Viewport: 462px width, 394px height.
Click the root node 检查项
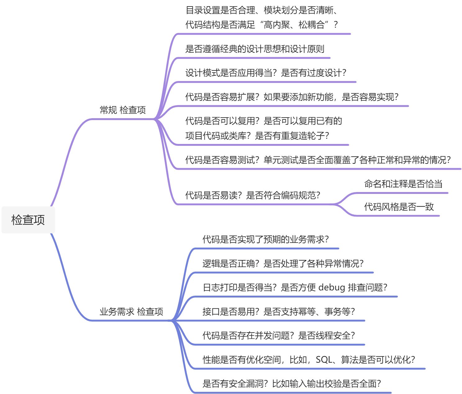[28, 220]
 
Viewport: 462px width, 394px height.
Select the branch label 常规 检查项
[123, 110]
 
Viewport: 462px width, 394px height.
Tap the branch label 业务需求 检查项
[131, 311]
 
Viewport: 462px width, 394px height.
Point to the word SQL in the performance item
[324, 360]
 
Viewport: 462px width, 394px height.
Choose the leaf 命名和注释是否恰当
[403, 184]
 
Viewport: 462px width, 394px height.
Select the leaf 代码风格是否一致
[399, 207]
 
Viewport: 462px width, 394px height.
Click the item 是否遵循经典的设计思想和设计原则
[255, 49]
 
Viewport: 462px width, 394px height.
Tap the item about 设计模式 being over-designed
[265, 73]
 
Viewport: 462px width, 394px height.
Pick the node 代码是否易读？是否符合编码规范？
[252, 195]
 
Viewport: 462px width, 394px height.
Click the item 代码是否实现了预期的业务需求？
[265, 239]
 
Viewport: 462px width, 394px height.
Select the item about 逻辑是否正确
[283, 263]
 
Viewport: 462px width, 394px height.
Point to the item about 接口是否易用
[279, 311]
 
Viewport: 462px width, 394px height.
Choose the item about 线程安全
[279, 335]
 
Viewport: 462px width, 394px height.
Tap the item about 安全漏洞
[292, 384]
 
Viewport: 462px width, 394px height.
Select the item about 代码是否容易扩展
[292, 97]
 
